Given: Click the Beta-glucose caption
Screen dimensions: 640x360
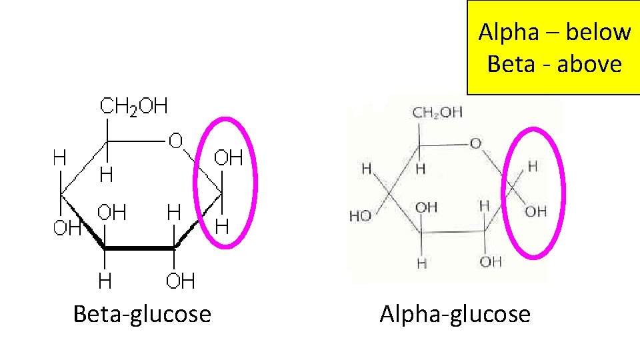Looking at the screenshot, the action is click(x=142, y=313).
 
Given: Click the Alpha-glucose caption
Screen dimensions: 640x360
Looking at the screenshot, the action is click(x=455, y=313).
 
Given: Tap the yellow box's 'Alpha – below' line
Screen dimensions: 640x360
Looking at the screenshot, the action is click(x=554, y=32).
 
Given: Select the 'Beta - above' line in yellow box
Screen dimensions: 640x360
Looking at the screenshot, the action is click(x=554, y=64).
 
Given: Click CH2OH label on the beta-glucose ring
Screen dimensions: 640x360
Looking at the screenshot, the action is click(x=133, y=107).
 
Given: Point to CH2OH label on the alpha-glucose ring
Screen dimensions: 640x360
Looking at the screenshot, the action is click(x=437, y=112).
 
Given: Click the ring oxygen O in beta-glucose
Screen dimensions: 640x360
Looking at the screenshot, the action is click(x=175, y=141).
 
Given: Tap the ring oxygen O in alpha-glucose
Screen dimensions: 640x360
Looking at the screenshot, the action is click(x=475, y=143).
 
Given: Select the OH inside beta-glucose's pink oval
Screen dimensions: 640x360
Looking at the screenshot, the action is click(x=227, y=159).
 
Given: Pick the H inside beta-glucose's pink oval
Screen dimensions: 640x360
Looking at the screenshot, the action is click(x=222, y=226).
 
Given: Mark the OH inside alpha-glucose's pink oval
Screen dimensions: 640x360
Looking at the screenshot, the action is click(x=535, y=211).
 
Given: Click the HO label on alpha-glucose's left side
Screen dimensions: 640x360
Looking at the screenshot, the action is click(x=361, y=216).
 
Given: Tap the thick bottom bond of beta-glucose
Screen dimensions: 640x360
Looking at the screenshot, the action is click(x=139, y=248).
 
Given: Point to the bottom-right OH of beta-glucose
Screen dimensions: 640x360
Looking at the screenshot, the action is click(x=180, y=281).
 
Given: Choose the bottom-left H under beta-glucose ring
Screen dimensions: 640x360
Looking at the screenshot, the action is click(x=105, y=281).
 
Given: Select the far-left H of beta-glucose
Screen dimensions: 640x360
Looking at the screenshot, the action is click(x=60, y=158).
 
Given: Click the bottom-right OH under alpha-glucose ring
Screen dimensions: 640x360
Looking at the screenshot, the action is click(x=490, y=261).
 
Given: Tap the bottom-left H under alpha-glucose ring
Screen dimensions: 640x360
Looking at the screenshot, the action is click(x=421, y=264).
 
